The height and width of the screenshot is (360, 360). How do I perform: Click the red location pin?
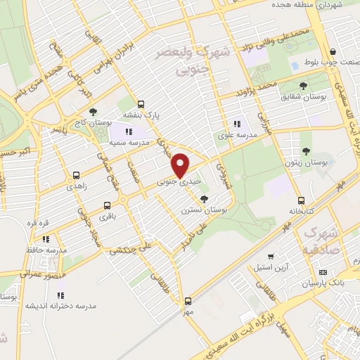tap(181, 165)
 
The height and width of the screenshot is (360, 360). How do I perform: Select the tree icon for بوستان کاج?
tap(94, 112)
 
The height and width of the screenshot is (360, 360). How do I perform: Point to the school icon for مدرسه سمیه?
tap(128, 131)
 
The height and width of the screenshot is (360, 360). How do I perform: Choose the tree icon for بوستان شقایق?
tap(304, 86)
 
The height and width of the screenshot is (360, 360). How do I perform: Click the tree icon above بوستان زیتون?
tap(306, 150)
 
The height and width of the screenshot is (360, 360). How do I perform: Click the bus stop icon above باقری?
tap(107, 206)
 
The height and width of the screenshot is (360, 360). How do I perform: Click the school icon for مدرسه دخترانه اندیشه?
tap(60, 295)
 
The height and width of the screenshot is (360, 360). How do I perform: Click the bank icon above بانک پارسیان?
tap(323, 272)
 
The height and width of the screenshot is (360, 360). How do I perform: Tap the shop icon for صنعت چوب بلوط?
tap(332, 51)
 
